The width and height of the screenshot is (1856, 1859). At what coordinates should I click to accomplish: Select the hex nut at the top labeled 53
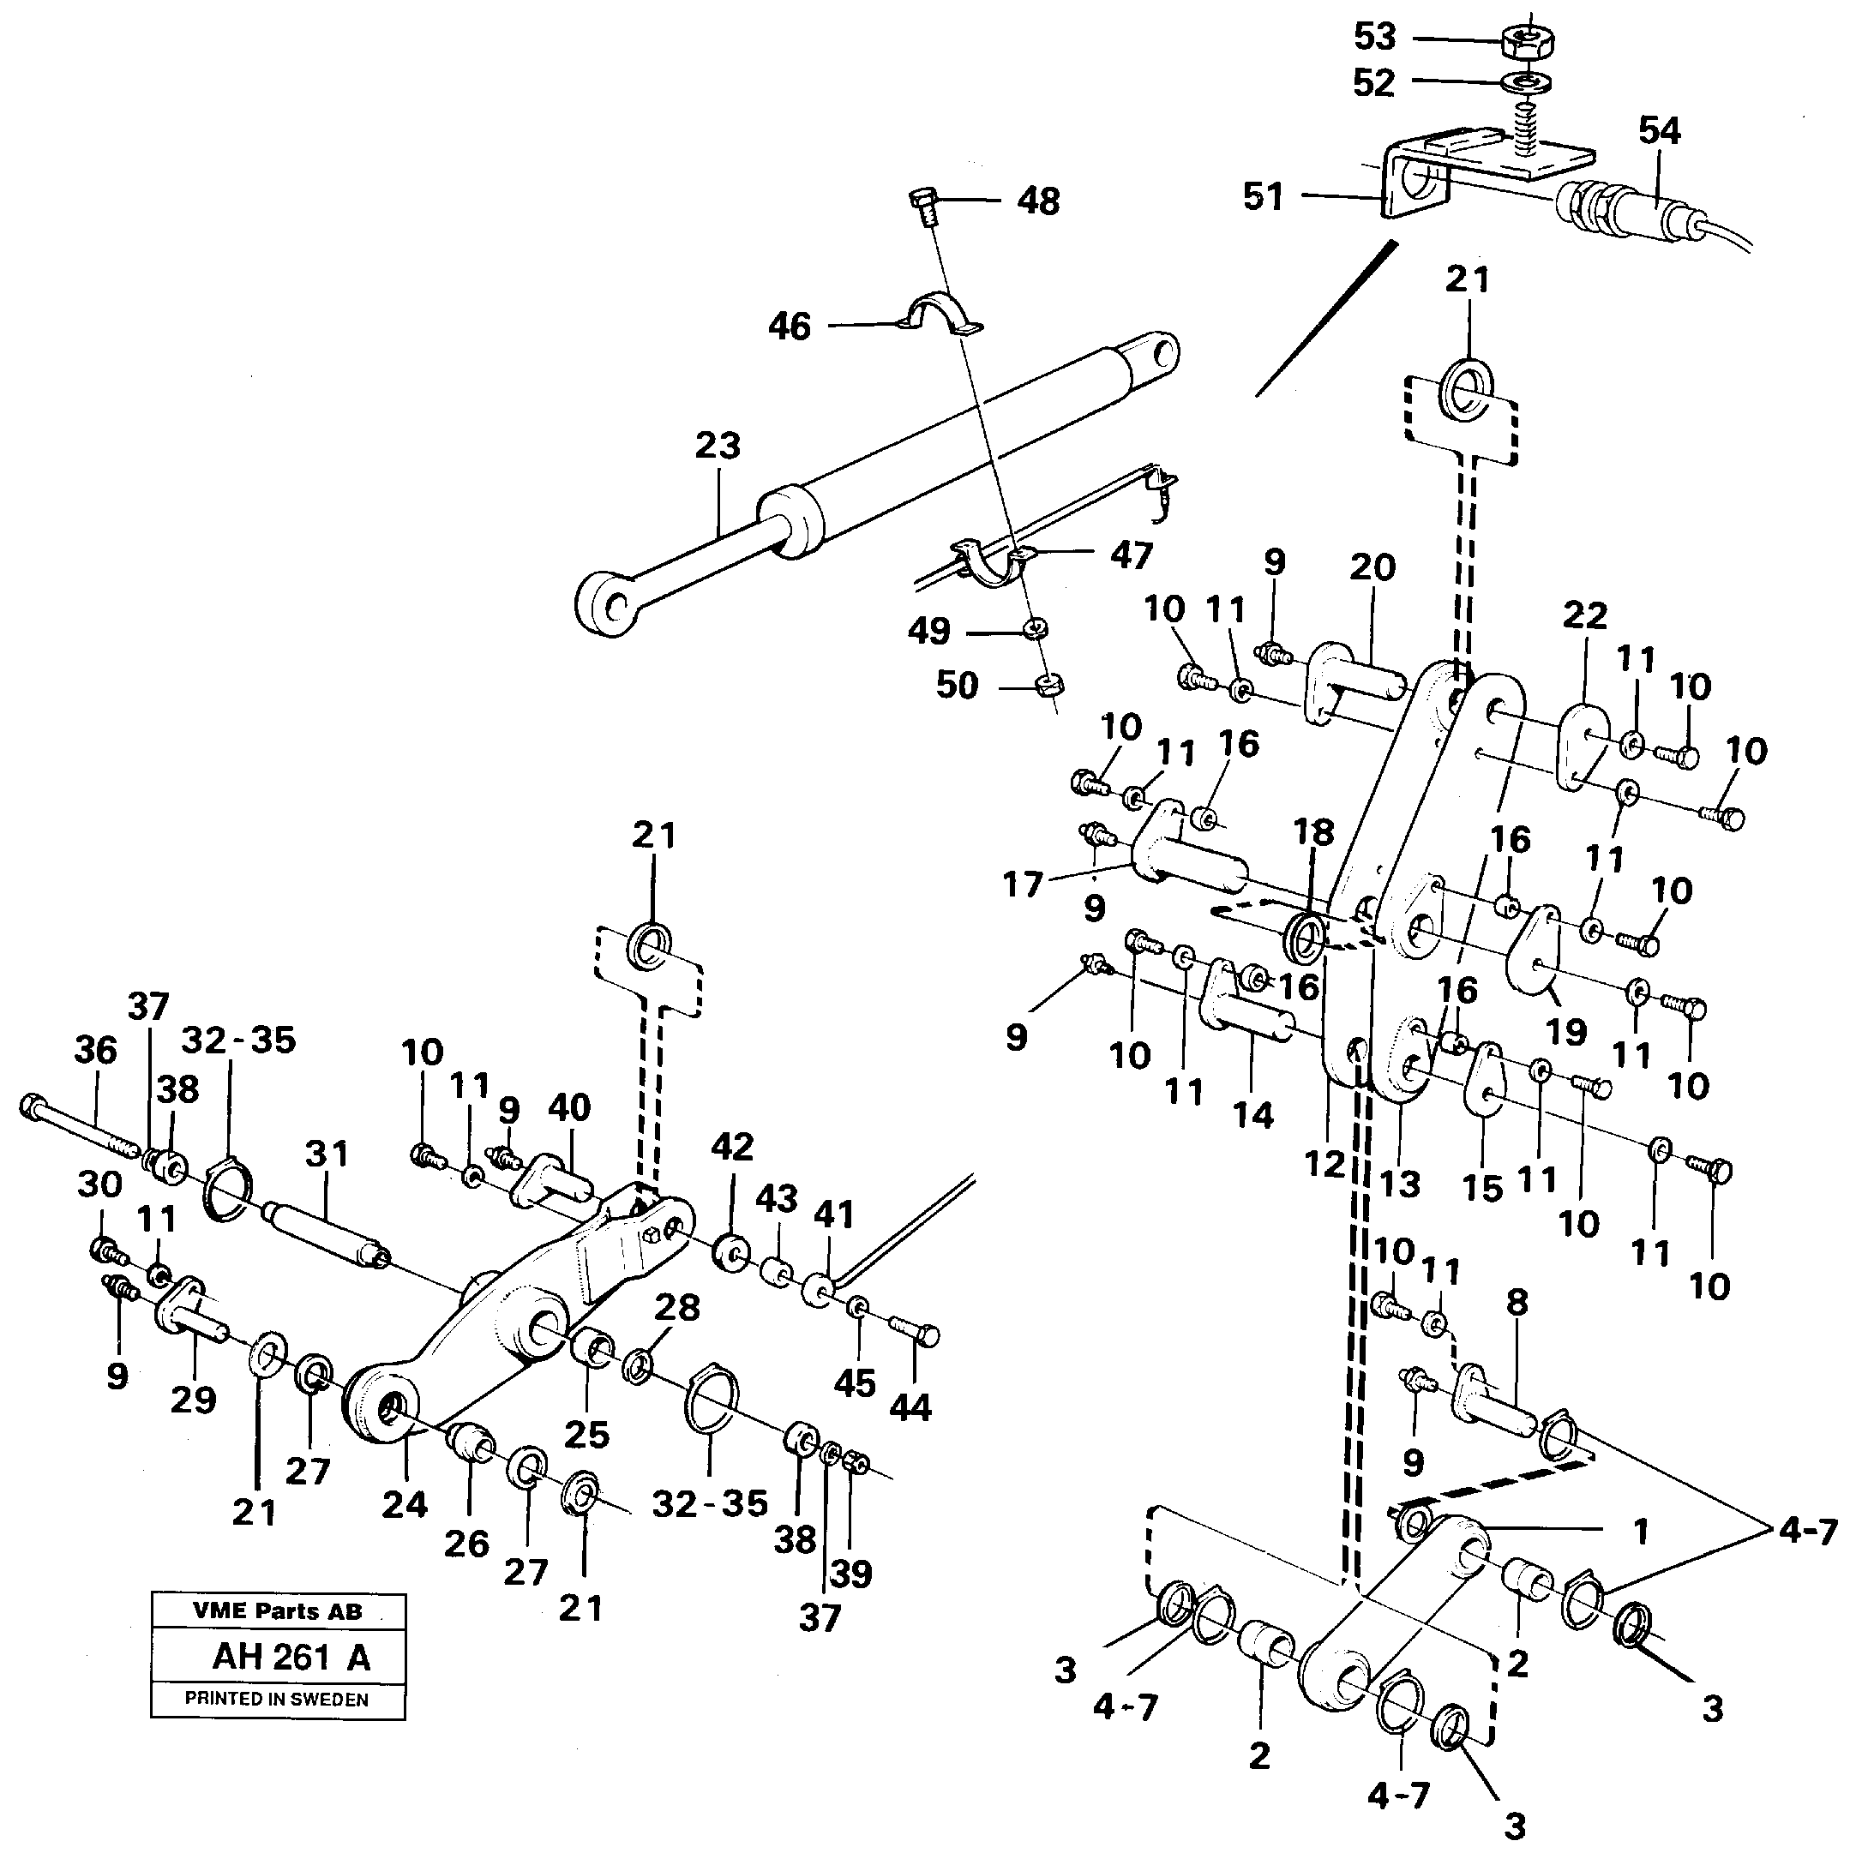point(1528,39)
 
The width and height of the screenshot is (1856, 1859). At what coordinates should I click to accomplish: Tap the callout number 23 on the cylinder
point(718,446)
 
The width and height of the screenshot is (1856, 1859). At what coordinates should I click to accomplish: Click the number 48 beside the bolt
point(1039,201)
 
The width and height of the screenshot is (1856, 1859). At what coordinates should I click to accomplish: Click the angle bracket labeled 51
point(1415,189)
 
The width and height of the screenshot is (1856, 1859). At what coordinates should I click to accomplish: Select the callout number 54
point(1660,131)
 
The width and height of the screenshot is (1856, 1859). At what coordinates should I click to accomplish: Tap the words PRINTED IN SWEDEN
point(276,1700)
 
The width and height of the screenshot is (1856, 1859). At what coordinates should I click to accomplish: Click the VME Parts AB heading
point(277,1611)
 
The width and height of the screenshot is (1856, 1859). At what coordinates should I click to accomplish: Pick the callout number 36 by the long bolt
point(95,1051)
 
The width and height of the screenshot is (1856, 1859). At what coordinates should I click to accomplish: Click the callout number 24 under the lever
point(405,1503)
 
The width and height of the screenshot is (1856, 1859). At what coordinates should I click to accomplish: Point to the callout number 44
point(910,1407)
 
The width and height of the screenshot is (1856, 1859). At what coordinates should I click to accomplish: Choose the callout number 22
point(1584,616)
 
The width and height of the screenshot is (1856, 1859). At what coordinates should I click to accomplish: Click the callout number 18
point(1314,832)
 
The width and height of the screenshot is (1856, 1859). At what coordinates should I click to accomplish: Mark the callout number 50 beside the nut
point(957,686)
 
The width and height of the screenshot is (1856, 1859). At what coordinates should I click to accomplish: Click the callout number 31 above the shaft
point(327,1153)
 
